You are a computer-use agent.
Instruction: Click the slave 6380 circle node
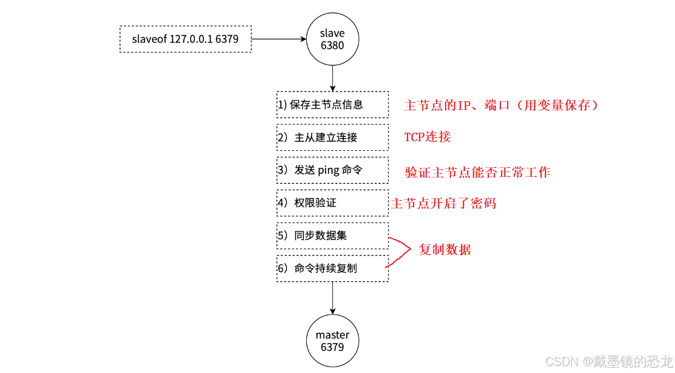(x=332, y=39)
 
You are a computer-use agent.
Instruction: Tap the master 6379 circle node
(x=332, y=340)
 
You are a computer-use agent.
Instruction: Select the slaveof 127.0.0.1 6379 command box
(x=185, y=39)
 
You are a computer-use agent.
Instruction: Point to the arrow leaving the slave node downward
(x=332, y=78)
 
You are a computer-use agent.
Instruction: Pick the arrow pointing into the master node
(x=332, y=298)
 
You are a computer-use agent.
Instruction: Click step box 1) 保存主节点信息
(x=332, y=104)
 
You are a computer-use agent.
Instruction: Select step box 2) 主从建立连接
(x=332, y=137)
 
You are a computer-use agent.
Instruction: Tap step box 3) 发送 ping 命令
(x=332, y=170)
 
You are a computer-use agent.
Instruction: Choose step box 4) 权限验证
(x=332, y=203)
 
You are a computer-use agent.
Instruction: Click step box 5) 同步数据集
(x=332, y=236)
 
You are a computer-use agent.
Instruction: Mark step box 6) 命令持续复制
(x=332, y=269)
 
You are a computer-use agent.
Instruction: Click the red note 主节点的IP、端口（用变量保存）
(x=501, y=106)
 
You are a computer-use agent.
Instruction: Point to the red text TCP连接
(x=427, y=137)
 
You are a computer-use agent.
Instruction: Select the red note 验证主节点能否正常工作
(x=478, y=172)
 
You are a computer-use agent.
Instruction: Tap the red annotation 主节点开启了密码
(x=443, y=204)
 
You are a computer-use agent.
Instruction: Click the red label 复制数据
(x=444, y=249)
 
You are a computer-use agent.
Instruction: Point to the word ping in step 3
(x=328, y=171)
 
